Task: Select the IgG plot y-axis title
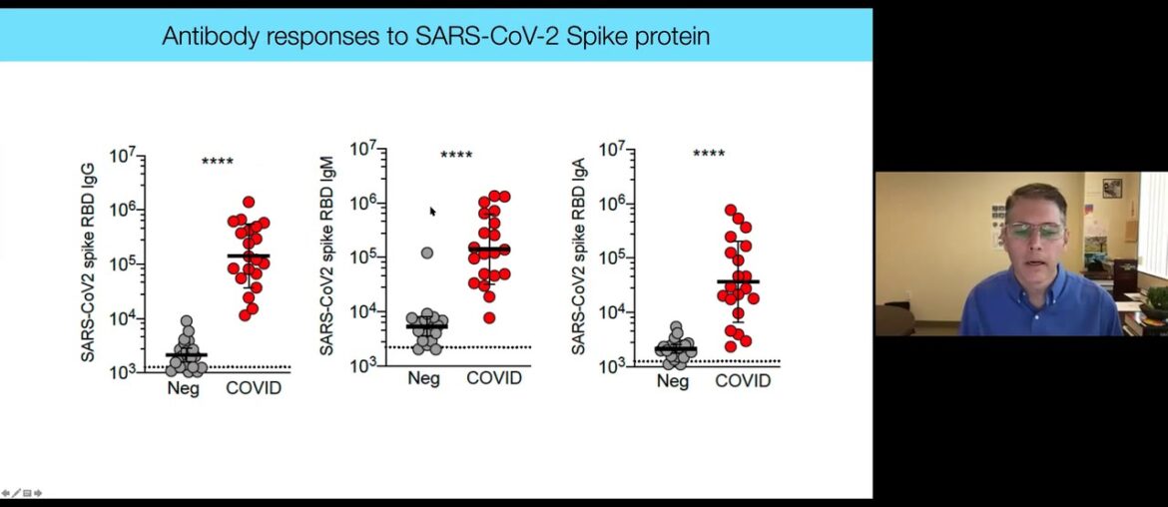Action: (89, 262)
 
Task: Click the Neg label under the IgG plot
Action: (183, 387)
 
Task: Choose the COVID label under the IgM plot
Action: (494, 379)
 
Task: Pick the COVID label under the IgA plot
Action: (743, 380)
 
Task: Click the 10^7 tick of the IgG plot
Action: (123, 157)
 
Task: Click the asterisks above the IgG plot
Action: (218, 162)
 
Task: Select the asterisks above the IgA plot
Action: (709, 154)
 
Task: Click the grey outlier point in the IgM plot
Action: (427, 253)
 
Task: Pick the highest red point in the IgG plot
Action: (249, 202)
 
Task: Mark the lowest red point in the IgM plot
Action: (489, 317)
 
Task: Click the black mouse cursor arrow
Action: (433, 212)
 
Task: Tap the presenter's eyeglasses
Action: (1034, 231)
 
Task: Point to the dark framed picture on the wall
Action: (1112, 188)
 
